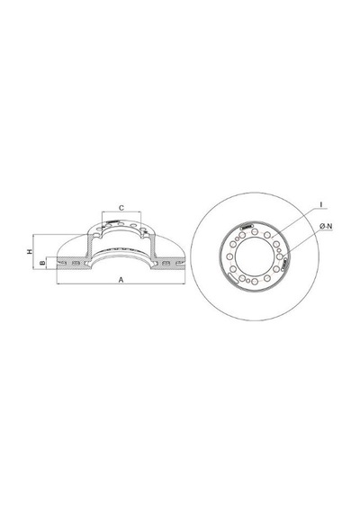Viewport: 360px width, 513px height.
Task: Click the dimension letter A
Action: (121, 280)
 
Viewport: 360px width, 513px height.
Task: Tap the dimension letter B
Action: (42, 263)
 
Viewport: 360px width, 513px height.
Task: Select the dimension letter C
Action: (121, 208)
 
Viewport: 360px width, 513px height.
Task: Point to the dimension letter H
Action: (30, 252)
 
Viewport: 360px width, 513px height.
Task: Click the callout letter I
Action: (321, 205)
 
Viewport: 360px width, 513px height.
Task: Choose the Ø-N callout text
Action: (326, 226)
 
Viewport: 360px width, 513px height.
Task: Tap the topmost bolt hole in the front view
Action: (254, 231)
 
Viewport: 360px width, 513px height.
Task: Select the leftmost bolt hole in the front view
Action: (229, 256)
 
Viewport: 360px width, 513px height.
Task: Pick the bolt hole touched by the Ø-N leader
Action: (280, 256)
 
